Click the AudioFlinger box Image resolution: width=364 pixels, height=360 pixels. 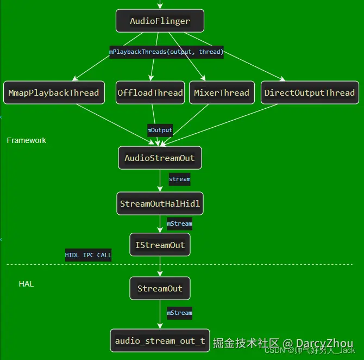pos(160,21)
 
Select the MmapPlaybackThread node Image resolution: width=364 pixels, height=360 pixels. pos(54,92)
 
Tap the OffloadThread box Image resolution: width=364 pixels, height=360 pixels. pos(150,92)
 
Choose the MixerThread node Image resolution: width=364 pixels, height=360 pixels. pos(222,92)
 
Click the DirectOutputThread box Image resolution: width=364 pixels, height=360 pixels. pos(310,92)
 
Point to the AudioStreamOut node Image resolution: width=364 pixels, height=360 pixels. pos(160,158)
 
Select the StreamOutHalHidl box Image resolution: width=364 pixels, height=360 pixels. pos(160,203)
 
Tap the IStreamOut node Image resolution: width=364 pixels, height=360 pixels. pos(160,245)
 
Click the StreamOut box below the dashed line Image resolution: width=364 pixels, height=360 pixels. pos(160,288)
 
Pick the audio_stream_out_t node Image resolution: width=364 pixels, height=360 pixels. pos(160,341)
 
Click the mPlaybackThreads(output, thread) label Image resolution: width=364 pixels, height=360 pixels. pos(166,52)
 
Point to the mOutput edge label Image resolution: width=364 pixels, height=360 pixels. pos(160,130)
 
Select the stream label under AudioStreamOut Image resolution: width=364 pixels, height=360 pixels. pos(179,178)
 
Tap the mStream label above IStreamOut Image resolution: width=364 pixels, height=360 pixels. pos(179,224)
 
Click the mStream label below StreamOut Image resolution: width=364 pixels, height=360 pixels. pos(179,313)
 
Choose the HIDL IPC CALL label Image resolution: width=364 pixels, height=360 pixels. pos(88,255)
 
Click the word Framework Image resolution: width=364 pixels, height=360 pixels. pos(27,140)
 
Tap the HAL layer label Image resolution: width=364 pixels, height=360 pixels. pos(26,284)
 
